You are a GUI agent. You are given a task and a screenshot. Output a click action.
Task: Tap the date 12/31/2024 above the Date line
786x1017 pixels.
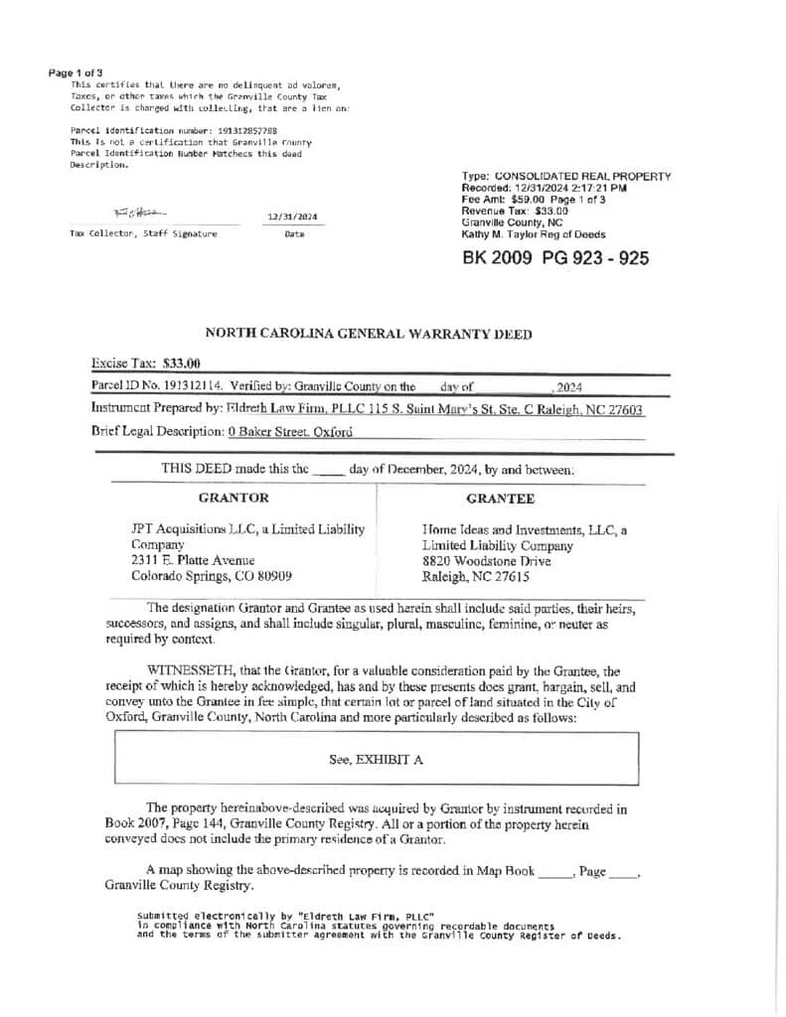(293, 217)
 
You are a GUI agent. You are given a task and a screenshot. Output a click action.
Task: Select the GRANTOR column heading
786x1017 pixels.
(234, 498)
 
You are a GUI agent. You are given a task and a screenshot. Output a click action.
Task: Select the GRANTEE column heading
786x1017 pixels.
(500, 498)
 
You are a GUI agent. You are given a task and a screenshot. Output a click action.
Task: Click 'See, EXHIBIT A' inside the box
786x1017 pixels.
(377, 760)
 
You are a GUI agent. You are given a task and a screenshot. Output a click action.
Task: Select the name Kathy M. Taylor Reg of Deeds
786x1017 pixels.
(533, 234)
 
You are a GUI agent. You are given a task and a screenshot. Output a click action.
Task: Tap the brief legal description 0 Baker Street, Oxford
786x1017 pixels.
(289, 432)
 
